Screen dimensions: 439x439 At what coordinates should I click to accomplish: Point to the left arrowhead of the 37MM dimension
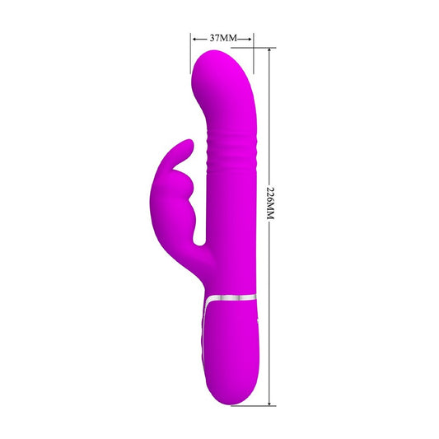tap(194, 38)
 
